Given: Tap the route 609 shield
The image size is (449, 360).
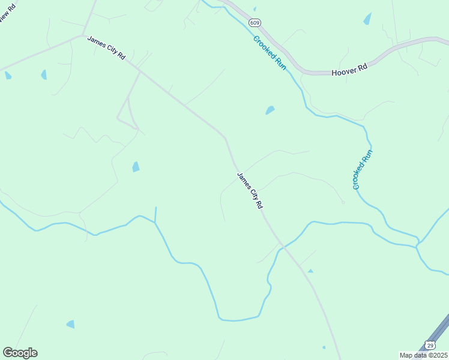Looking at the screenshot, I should click(x=255, y=23).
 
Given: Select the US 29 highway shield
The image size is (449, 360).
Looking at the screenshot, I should click(x=430, y=345).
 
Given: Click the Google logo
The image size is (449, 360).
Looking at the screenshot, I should click(x=20, y=353).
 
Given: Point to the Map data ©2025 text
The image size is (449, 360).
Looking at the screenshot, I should click(x=424, y=355).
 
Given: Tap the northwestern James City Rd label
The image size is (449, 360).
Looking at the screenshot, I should click(x=106, y=48).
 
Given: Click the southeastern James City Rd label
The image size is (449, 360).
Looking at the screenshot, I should click(x=250, y=191).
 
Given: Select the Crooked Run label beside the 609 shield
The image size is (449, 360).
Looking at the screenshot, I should click(x=270, y=53).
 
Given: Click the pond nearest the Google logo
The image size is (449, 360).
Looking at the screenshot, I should click(x=71, y=324).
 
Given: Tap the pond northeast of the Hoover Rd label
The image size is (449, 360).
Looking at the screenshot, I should click(x=367, y=19).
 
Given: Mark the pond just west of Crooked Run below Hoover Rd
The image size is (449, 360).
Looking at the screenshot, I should click(x=270, y=110).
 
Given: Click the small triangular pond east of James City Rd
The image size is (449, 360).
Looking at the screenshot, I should click(x=310, y=271).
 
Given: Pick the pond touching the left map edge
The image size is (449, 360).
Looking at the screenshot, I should click(x=8, y=76).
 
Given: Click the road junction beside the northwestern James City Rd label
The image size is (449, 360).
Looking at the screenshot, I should click(x=84, y=35).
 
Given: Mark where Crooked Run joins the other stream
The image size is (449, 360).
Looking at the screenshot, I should click(x=418, y=245).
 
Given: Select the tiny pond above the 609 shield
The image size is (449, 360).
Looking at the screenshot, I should click(x=255, y=9).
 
